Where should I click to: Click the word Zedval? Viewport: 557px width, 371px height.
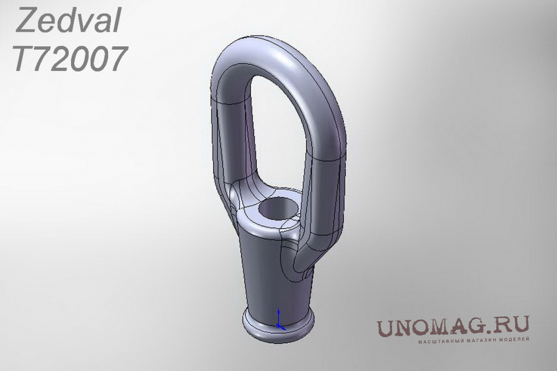coord(68,21)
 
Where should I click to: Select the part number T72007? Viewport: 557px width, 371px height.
coord(70,58)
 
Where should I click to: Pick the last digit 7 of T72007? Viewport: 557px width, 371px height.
coord(116,59)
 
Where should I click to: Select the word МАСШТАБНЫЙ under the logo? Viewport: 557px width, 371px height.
coord(436,341)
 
